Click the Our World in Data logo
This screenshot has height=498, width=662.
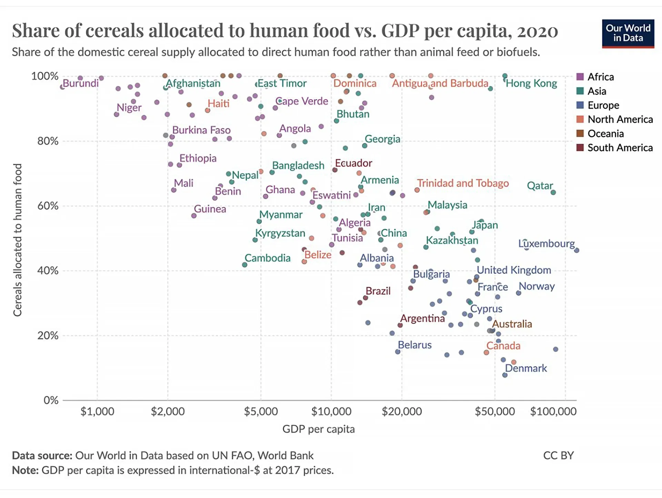[x=628, y=33]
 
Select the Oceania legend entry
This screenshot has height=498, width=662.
[x=605, y=134]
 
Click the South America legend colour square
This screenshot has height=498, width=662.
[x=580, y=148]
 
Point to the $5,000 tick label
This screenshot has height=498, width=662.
[x=261, y=412]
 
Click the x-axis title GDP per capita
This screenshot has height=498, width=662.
[x=318, y=429]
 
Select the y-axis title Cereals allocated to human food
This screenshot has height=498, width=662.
[x=18, y=240]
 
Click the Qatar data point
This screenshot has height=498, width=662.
[x=553, y=193]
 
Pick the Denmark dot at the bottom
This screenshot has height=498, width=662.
[x=505, y=375]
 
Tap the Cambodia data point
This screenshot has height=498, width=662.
[x=244, y=265]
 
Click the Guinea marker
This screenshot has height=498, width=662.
[x=194, y=216]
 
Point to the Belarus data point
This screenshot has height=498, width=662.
[x=398, y=352]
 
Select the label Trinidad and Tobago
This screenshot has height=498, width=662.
[x=463, y=183]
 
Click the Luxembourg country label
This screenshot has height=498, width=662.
[x=546, y=244]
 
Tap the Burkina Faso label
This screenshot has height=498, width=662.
[x=201, y=130]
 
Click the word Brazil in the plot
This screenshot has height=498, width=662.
[x=378, y=291]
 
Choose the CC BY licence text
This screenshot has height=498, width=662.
[x=558, y=456]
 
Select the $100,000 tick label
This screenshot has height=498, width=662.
[x=553, y=412]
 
